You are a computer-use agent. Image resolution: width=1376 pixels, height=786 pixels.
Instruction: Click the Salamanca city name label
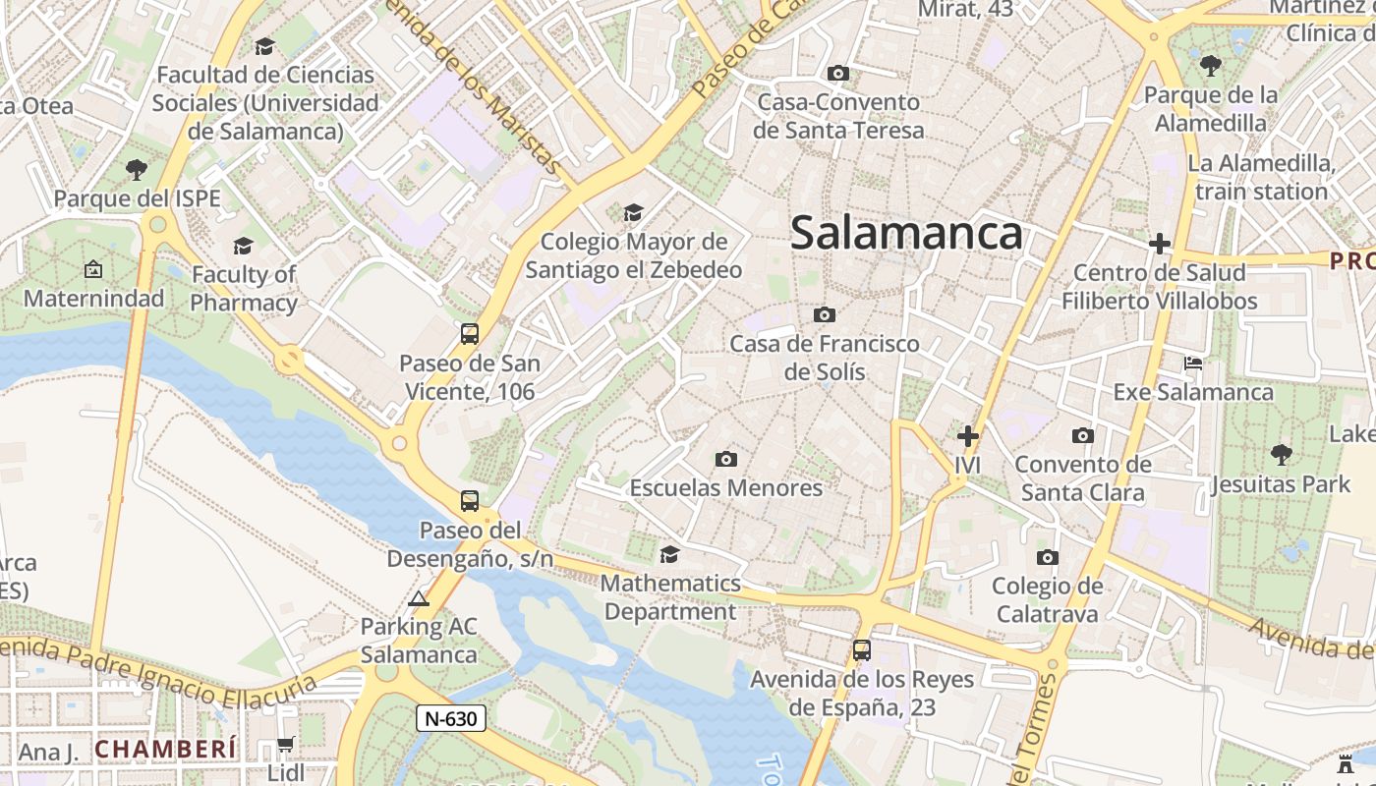(x=906, y=234)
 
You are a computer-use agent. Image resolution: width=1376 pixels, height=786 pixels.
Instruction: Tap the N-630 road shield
(x=452, y=718)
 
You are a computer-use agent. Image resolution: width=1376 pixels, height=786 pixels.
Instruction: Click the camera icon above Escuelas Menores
(x=726, y=459)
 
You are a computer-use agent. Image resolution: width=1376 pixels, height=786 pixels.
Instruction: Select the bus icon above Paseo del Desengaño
(x=470, y=501)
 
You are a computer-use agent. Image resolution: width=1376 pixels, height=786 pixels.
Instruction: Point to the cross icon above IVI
(x=968, y=435)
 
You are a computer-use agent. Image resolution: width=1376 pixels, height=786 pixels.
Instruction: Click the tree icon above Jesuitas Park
(x=1281, y=454)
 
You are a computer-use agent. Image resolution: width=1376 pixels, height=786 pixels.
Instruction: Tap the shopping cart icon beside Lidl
(x=285, y=745)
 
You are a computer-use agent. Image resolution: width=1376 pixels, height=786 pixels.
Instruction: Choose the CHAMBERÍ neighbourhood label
(x=166, y=749)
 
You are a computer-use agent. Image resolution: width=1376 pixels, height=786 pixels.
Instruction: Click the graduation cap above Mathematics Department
(x=669, y=554)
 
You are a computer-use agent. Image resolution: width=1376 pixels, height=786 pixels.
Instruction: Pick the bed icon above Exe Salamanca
(x=1193, y=363)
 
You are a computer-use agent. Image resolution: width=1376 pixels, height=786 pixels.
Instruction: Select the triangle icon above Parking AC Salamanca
(x=419, y=598)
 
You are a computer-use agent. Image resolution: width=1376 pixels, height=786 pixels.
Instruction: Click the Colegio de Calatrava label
(x=1047, y=599)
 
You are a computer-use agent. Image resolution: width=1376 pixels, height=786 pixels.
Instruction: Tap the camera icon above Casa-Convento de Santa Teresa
(x=838, y=73)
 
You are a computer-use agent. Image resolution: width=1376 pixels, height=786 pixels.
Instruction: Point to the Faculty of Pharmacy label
(x=244, y=288)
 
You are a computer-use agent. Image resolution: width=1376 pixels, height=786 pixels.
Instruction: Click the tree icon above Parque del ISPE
(x=137, y=169)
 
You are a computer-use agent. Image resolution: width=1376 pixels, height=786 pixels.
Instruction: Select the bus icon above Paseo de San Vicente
(x=470, y=334)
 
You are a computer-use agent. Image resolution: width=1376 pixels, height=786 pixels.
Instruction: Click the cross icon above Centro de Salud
(x=1160, y=243)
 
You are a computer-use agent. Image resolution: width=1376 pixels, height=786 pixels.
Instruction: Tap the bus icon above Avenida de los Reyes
(x=862, y=649)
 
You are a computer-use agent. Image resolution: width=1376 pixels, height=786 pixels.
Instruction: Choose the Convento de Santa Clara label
(x=1082, y=477)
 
